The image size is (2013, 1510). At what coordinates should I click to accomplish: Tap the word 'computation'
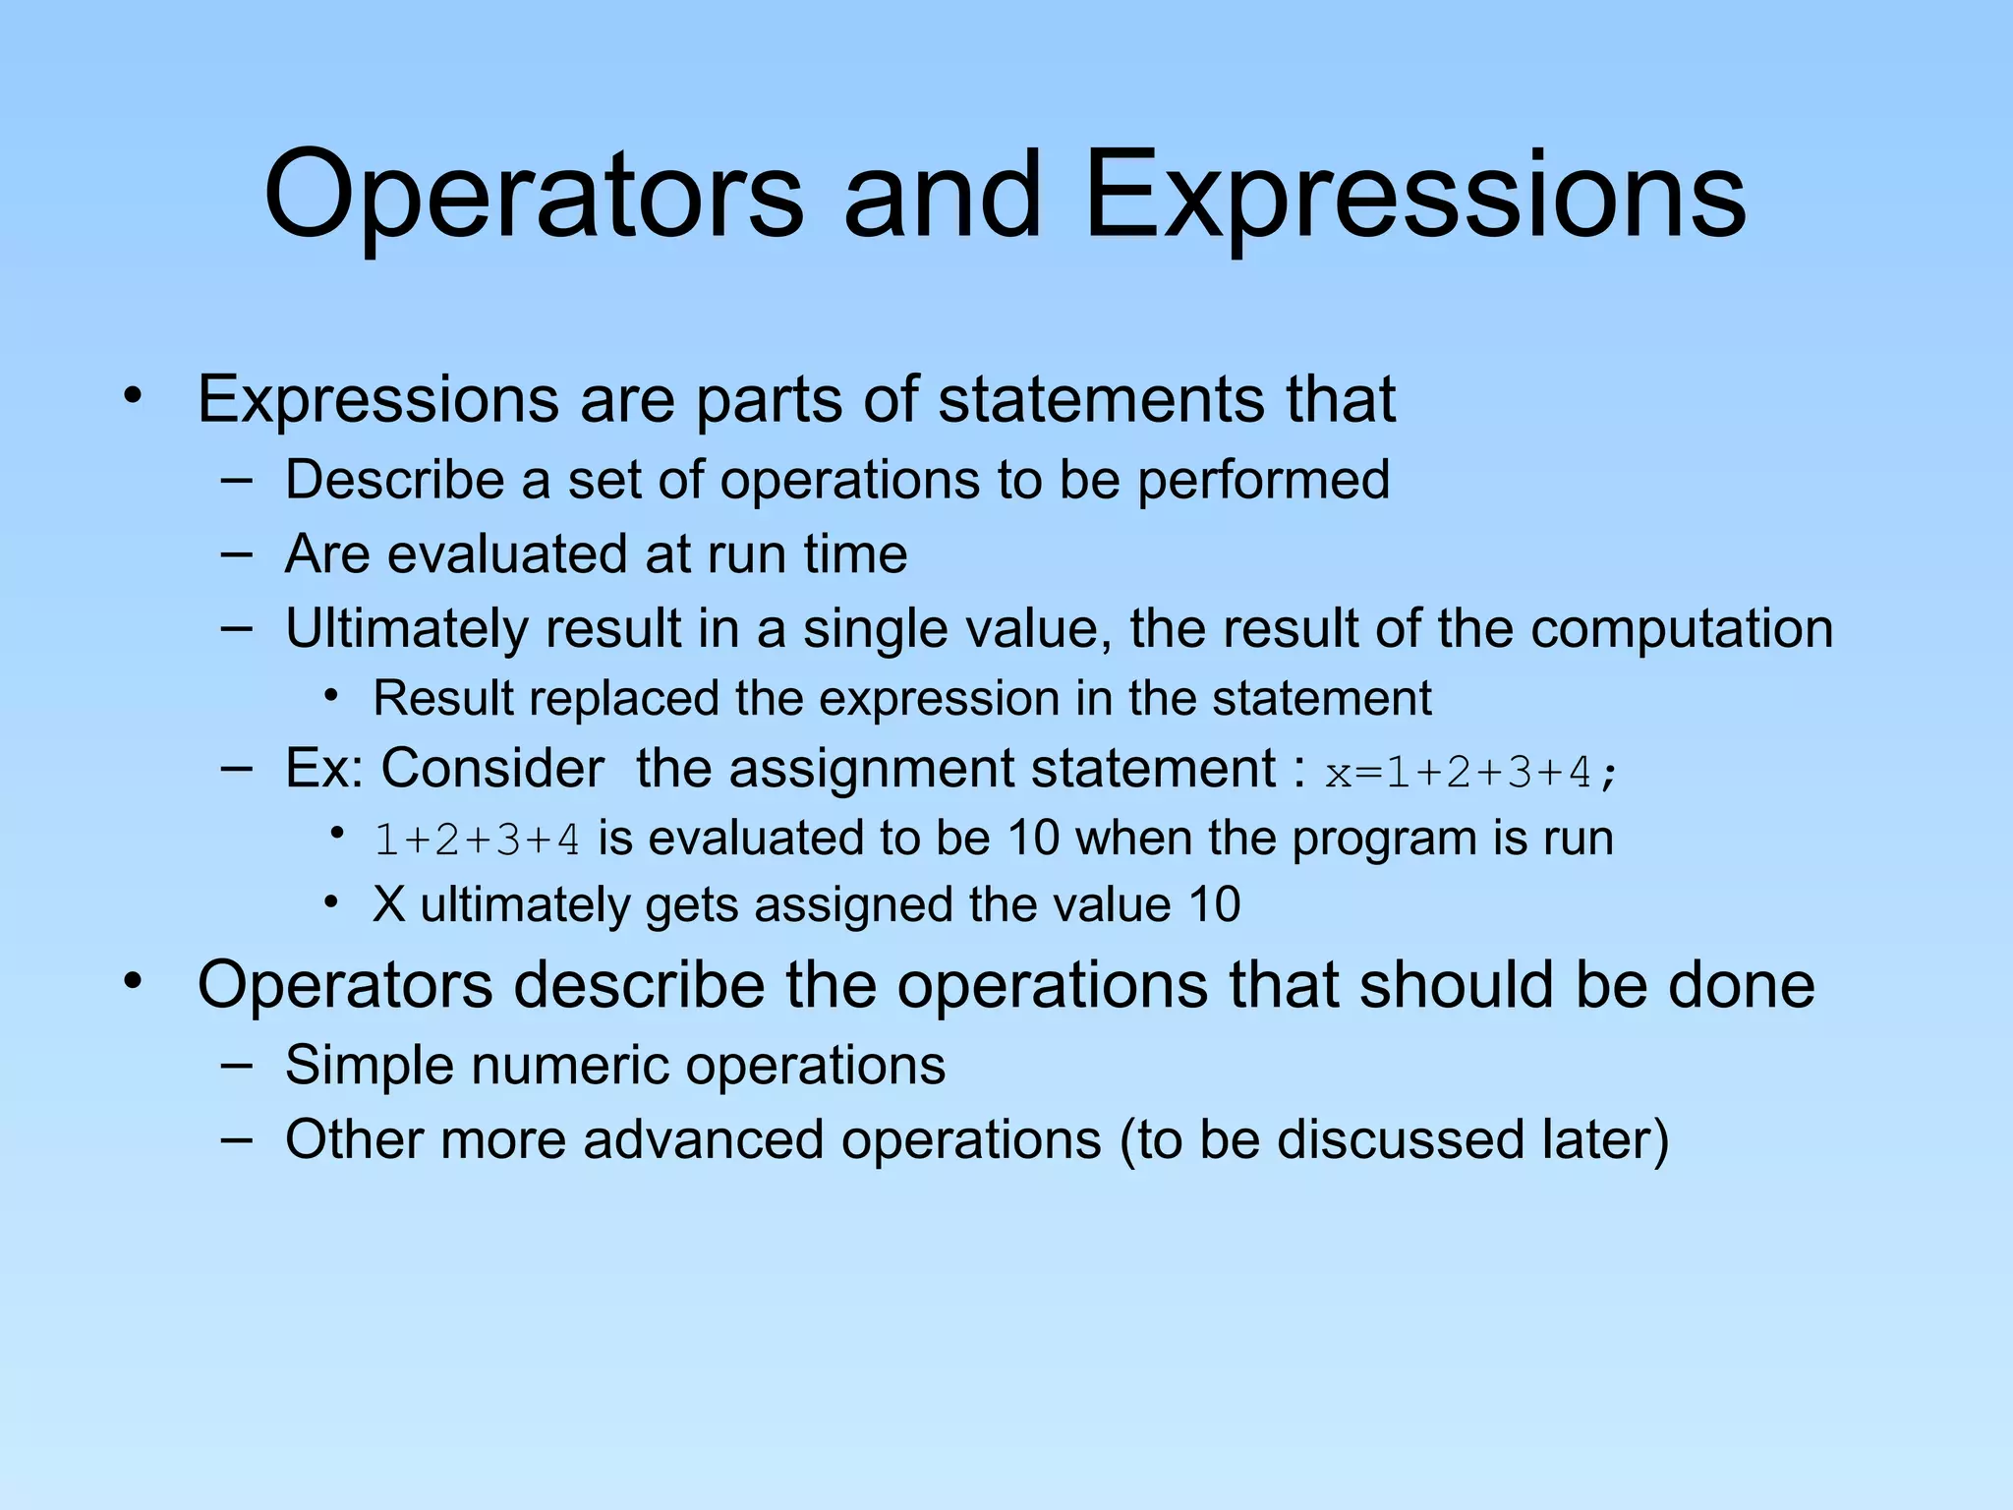[1682, 629]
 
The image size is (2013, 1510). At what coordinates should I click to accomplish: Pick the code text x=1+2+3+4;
[1470, 774]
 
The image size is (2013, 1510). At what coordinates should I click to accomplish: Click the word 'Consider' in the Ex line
[492, 769]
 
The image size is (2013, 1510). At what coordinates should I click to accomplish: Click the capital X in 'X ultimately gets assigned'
[389, 905]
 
